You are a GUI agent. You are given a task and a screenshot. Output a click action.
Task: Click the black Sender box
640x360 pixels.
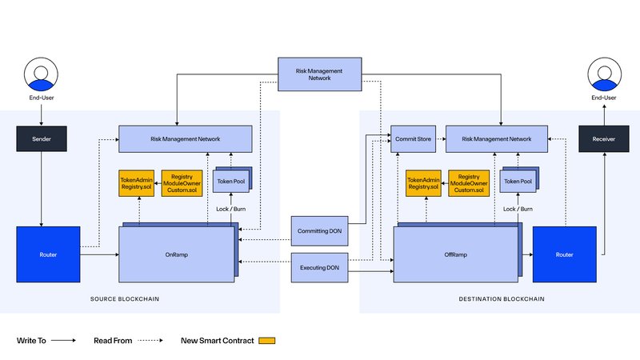pos(42,138)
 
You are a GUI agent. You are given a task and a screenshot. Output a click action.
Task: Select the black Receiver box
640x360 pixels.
pos(604,138)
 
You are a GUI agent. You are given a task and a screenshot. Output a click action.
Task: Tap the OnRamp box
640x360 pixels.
pos(177,254)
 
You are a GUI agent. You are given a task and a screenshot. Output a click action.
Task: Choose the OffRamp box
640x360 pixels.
pos(455,254)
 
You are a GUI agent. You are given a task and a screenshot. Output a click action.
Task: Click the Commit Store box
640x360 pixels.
pos(413,138)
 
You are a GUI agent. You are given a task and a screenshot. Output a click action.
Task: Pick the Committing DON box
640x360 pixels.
pos(319,231)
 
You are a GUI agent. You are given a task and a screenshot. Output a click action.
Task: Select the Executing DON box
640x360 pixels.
pos(319,268)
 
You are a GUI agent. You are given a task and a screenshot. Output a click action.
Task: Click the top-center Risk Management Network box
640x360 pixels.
pos(319,74)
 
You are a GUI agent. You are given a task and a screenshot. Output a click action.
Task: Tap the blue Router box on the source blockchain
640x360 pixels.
pos(48,254)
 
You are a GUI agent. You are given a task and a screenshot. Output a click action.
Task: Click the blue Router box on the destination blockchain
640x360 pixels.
pos(565,254)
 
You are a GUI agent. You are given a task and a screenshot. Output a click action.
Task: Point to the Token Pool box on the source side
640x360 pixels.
pos(231,182)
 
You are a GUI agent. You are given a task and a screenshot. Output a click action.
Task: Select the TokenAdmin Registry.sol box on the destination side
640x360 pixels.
pos(423,183)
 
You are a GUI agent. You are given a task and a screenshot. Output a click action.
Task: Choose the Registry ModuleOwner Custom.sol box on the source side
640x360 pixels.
pos(182,183)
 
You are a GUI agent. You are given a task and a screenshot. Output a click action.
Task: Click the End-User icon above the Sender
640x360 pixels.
pos(41,74)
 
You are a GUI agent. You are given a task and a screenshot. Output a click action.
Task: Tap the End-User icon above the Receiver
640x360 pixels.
pos(605,74)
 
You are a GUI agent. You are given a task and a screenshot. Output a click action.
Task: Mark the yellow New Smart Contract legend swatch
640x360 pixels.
pos(267,341)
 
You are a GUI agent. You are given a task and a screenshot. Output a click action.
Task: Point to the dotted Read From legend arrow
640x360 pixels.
pos(150,341)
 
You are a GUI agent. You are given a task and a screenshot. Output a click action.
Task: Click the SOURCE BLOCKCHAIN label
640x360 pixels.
pos(125,298)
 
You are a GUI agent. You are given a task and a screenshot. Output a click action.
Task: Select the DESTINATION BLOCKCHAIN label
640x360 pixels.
pos(502,298)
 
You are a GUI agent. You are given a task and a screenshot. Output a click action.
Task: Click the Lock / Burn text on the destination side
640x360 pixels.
pos(518,209)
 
